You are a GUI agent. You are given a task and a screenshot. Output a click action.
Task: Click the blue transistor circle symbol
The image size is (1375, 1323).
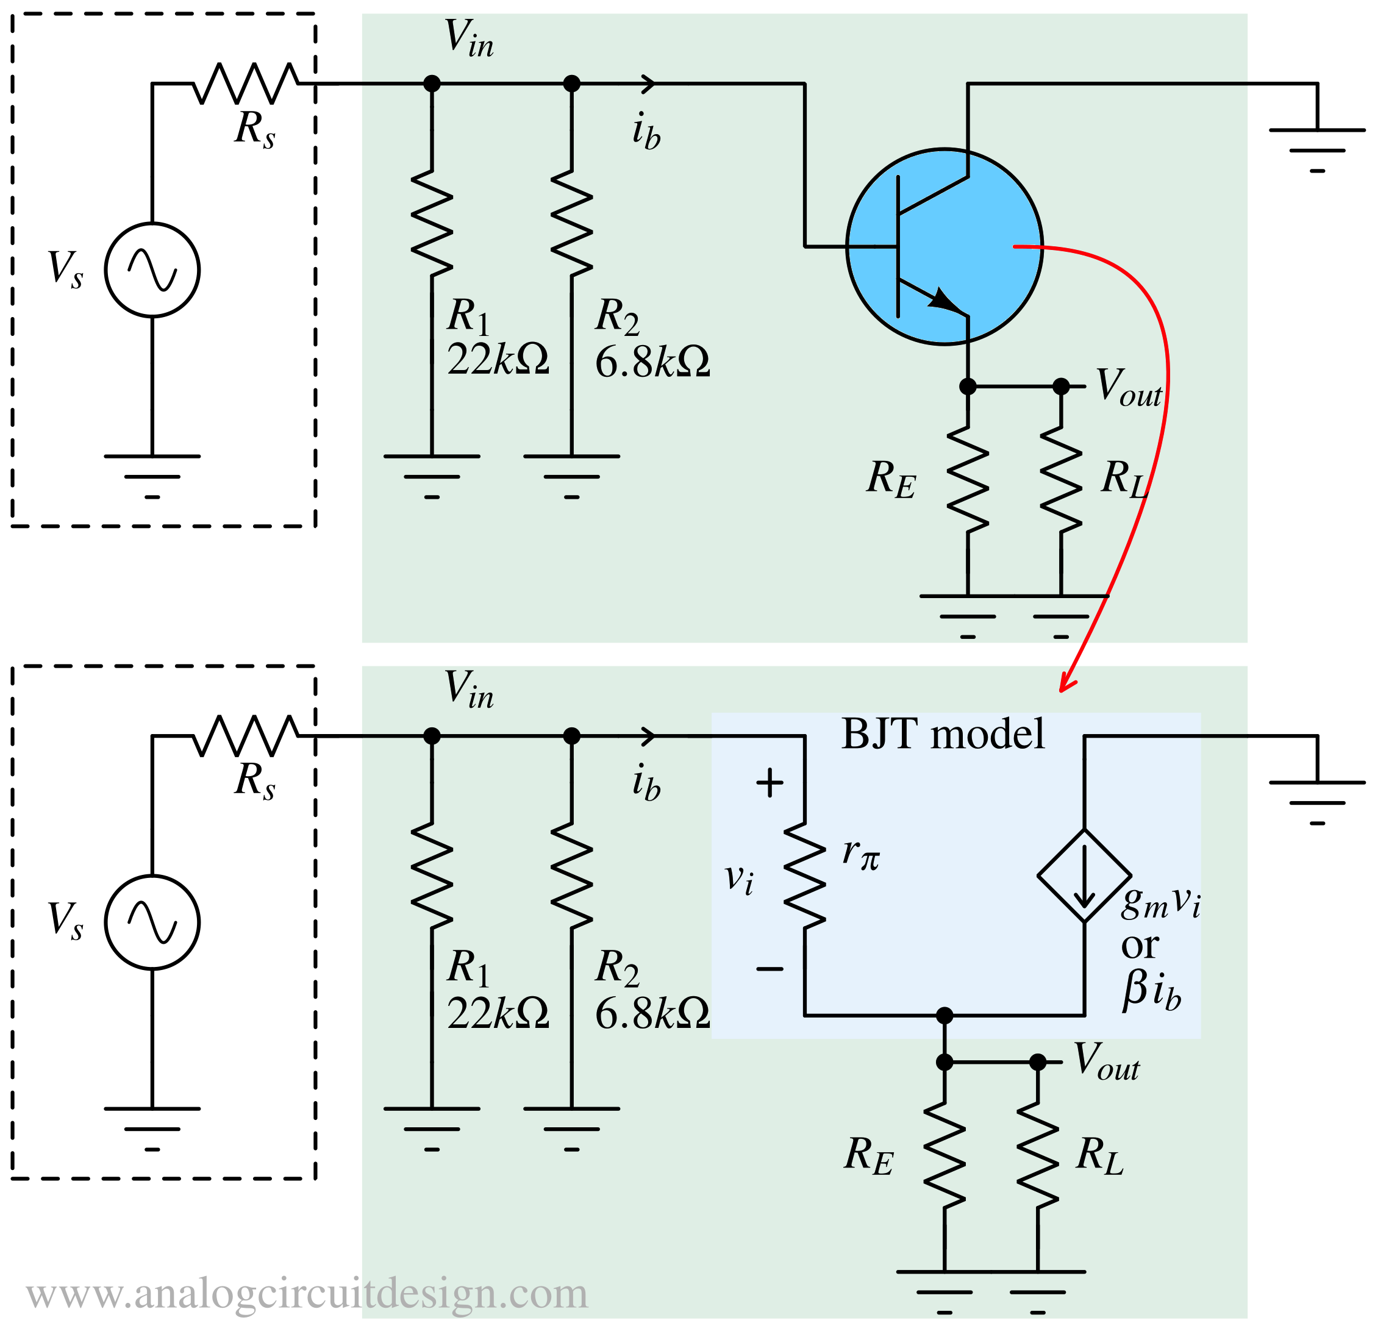[x=945, y=246]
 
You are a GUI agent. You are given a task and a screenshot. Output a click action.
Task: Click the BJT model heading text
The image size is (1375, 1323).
[x=942, y=735]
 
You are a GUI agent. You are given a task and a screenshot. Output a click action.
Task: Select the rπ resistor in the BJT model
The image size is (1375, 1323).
[x=805, y=876]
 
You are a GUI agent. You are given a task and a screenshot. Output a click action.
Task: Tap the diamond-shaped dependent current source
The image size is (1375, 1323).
[x=1084, y=875]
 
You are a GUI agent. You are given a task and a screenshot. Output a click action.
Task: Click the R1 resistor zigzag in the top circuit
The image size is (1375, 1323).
[x=432, y=223]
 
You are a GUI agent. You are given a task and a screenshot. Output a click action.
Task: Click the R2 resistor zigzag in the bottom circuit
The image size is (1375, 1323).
[x=572, y=876]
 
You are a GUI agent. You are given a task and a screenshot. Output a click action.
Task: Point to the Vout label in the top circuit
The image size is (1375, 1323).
[x=1127, y=387]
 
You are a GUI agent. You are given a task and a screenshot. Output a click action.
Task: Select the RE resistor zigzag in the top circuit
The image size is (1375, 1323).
[x=968, y=479]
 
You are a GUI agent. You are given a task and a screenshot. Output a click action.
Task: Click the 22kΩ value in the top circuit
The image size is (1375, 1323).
[x=498, y=360]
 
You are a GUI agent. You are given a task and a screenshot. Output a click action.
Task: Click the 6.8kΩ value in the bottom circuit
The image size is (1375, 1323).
[x=652, y=1015]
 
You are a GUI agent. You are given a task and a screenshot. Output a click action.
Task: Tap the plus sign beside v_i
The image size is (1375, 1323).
[x=770, y=783]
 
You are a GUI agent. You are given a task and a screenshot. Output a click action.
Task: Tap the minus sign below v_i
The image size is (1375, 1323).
[x=770, y=969]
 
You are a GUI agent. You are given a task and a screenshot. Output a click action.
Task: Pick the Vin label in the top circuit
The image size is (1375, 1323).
[x=469, y=38]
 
